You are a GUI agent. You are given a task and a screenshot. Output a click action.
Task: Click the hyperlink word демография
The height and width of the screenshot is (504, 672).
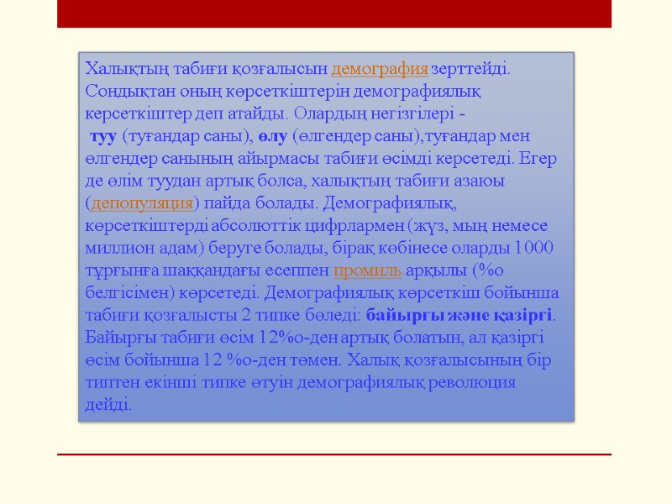(x=381, y=68)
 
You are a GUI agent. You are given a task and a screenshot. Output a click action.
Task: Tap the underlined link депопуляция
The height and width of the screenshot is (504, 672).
(x=141, y=202)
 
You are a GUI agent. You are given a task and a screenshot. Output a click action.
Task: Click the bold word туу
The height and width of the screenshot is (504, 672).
(x=102, y=135)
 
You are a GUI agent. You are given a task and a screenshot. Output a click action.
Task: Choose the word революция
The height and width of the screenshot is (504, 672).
(x=477, y=382)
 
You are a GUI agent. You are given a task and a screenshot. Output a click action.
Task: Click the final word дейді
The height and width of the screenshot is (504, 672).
(x=108, y=404)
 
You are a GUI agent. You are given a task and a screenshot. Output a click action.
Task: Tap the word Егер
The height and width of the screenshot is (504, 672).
(x=539, y=158)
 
